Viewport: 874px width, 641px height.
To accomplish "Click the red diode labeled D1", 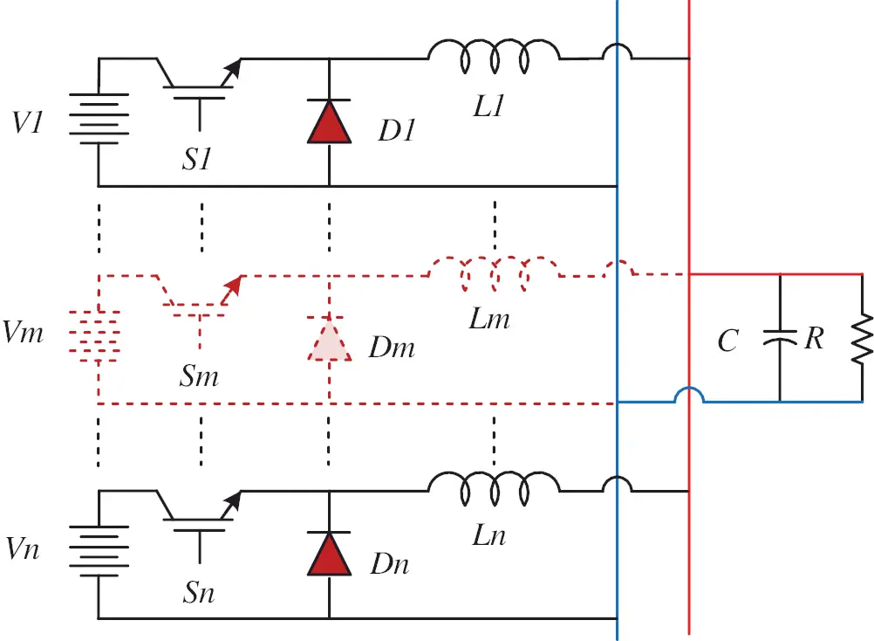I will click(329, 121).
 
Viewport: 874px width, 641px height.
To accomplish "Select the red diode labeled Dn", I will click(329, 554).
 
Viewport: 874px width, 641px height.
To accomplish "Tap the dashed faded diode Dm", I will click(329, 340).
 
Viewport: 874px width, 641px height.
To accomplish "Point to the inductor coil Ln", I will click(493, 490).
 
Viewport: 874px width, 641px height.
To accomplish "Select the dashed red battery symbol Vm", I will click(99, 337).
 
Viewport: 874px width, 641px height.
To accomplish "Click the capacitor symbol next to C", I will click(780, 337).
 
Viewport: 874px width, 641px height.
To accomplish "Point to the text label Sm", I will click(199, 376).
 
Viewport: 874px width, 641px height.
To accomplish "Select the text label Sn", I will click(199, 594).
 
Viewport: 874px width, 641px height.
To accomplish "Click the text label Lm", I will click(488, 318).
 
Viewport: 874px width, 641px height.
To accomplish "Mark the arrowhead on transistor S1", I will click(233, 66).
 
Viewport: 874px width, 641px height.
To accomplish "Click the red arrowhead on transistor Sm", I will click(233, 283).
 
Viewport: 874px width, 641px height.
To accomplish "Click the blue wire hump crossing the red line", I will click(689, 396).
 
